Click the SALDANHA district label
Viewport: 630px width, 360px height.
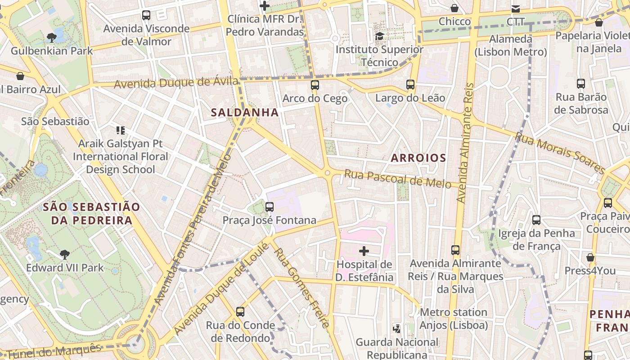click(x=245, y=112)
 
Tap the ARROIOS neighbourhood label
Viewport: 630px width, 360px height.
click(x=418, y=158)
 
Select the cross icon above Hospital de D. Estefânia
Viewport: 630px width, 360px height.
click(x=364, y=251)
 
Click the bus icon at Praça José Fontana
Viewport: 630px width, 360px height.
click(x=270, y=207)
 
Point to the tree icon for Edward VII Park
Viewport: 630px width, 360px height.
click(x=65, y=255)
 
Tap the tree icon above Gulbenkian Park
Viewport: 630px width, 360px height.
click(x=52, y=37)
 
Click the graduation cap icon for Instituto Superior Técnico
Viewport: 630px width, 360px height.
click(x=380, y=36)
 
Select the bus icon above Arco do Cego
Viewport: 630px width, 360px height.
click(x=315, y=85)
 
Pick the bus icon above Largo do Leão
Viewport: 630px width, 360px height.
click(x=410, y=84)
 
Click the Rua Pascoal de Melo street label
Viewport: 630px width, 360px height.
click(x=397, y=178)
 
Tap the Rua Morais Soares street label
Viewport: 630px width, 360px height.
click(x=560, y=153)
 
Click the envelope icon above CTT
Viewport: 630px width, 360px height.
click(x=515, y=9)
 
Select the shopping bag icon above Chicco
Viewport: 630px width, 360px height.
click(x=454, y=8)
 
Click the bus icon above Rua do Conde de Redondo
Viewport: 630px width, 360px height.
click(x=240, y=311)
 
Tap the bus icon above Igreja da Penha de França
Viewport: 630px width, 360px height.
click(x=536, y=220)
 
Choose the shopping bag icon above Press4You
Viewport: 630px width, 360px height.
click(x=590, y=257)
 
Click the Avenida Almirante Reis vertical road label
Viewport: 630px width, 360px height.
click(x=465, y=142)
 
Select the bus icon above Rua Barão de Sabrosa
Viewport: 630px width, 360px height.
click(x=581, y=83)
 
